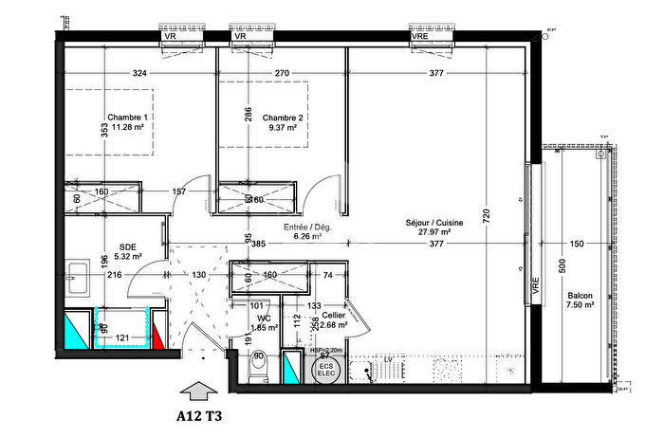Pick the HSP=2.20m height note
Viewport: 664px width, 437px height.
click(x=327, y=349)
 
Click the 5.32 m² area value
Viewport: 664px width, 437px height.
click(x=127, y=255)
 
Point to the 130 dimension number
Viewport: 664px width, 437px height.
click(x=200, y=275)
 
